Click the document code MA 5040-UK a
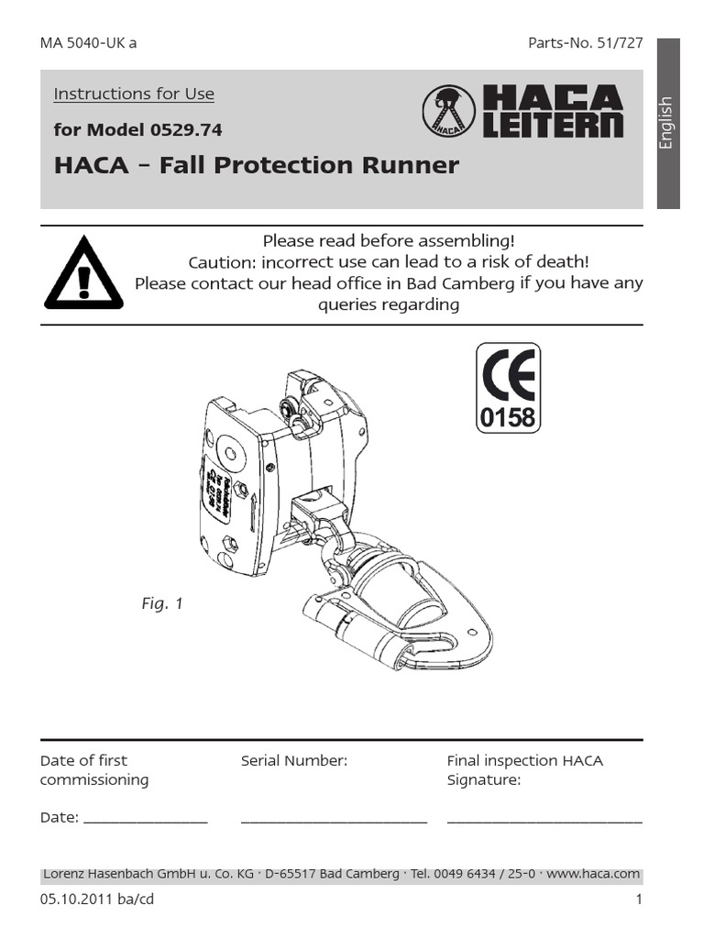(x=89, y=43)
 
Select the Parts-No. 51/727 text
(x=586, y=43)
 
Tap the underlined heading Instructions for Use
(x=134, y=94)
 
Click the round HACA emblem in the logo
(x=448, y=113)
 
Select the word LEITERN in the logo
(x=553, y=126)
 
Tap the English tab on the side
(x=666, y=122)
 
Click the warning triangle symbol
(x=83, y=273)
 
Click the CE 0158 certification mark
(x=507, y=388)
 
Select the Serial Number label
(x=294, y=760)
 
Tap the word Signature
(x=483, y=780)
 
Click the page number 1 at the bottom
(x=639, y=900)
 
